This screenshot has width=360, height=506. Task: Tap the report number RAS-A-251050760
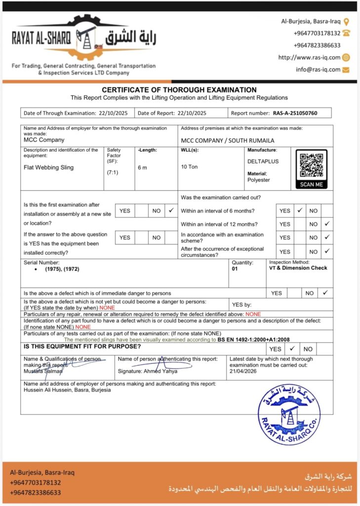295,113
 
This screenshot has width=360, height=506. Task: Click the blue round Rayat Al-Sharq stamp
289,414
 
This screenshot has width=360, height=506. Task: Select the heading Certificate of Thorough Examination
179,90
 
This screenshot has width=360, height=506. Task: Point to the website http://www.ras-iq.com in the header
309,57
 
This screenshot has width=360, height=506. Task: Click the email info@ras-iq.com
318,70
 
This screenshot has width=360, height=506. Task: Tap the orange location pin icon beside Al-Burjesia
346,22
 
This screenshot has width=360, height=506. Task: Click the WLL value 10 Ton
189,167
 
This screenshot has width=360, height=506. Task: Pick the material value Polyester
259,180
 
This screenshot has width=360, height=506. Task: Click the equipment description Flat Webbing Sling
48,168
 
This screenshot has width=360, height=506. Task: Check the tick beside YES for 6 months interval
299,211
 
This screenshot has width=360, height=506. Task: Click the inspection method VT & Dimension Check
298,268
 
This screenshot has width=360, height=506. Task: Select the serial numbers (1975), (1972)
62,269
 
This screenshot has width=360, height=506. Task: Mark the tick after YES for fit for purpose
292,348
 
